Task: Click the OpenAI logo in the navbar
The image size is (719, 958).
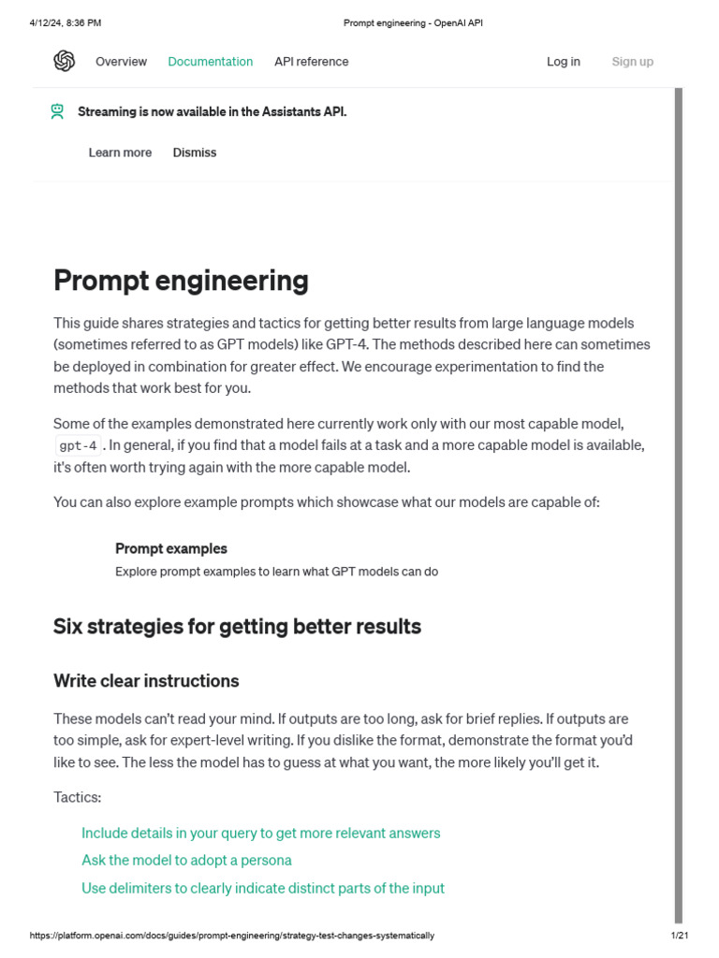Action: pyautogui.click(x=64, y=62)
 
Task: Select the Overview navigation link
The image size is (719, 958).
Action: pyautogui.click(x=121, y=62)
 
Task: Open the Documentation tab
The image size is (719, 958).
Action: pyautogui.click(x=210, y=62)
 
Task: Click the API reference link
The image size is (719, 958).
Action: pyautogui.click(x=311, y=62)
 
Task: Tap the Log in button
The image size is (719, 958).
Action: pyautogui.click(x=563, y=62)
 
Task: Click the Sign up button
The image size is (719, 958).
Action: pyautogui.click(x=632, y=62)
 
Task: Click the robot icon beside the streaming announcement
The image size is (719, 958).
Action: pyautogui.click(x=58, y=111)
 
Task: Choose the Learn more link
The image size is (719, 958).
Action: pyautogui.click(x=120, y=152)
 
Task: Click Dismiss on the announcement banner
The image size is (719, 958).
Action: pyautogui.click(x=194, y=152)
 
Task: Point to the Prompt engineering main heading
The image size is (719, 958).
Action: pyautogui.click(x=181, y=281)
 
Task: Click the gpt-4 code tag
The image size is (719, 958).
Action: pyautogui.click(x=78, y=446)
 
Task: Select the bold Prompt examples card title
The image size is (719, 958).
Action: pyautogui.click(x=170, y=548)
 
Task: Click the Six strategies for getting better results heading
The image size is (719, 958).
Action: pyautogui.click(x=237, y=627)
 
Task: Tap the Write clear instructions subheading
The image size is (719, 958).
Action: pyautogui.click(x=146, y=681)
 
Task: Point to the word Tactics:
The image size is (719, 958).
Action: pyautogui.click(x=77, y=797)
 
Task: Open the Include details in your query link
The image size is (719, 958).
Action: pyautogui.click(x=260, y=833)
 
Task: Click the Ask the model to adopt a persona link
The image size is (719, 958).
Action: pyautogui.click(x=186, y=860)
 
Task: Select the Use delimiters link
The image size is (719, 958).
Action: pyautogui.click(x=263, y=888)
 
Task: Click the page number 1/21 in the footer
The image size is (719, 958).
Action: pyautogui.click(x=680, y=936)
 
